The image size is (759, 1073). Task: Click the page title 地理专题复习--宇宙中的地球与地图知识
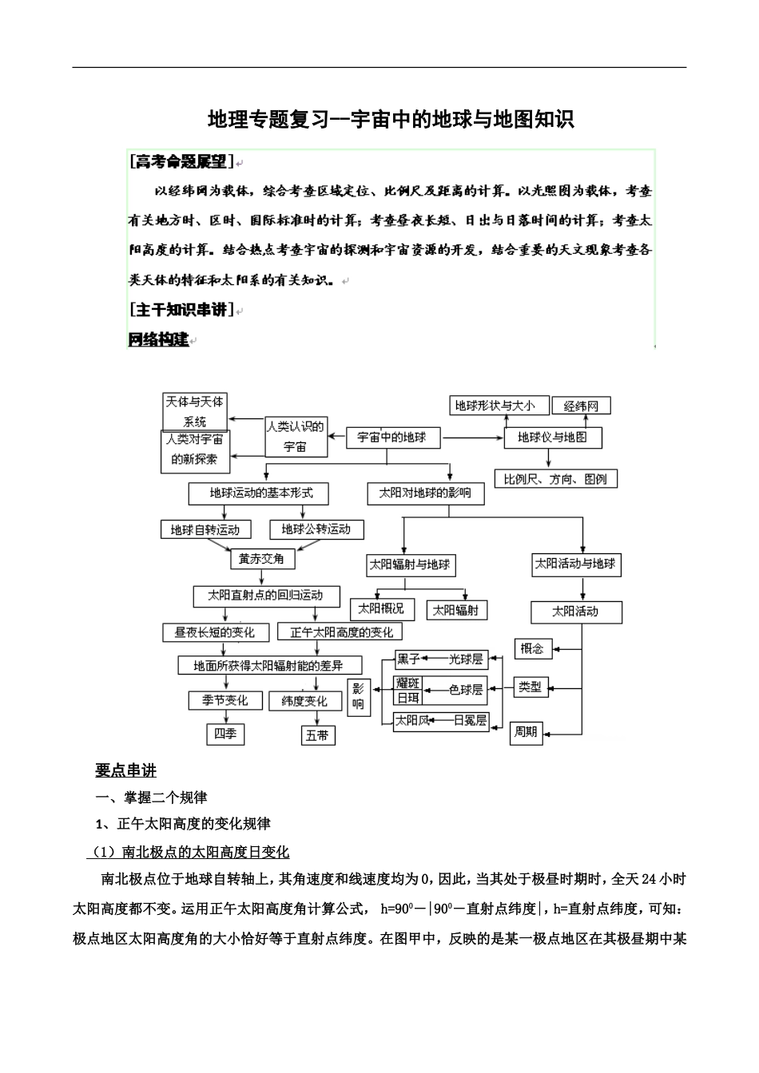tap(391, 120)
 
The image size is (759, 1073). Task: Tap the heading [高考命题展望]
tap(182, 162)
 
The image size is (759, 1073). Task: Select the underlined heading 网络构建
tap(158, 339)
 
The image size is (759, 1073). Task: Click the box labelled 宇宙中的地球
tap(392, 438)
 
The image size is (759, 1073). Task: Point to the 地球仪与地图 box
tap(553, 438)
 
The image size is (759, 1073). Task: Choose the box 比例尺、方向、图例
tap(556, 479)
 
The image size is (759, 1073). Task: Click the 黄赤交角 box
tap(261, 559)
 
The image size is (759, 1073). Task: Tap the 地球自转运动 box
tap(205, 529)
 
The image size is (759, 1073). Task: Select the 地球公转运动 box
tap(316, 529)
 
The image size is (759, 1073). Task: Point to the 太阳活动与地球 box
tap(576, 564)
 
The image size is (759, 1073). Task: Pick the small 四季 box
tap(225, 734)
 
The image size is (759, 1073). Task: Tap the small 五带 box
tap(317, 735)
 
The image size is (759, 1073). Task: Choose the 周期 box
tap(526, 732)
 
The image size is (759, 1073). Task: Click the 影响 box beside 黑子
tap(358, 696)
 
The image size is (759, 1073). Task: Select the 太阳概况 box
tap(381, 609)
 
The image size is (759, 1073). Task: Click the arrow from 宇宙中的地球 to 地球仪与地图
tap(472, 438)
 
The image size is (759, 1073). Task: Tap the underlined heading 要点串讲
tap(126, 770)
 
